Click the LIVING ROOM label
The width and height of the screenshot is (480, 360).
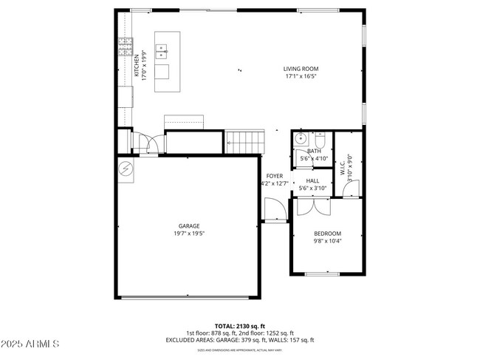pyautogui.click(x=301, y=69)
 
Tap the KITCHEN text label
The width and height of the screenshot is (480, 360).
pyautogui.click(x=136, y=64)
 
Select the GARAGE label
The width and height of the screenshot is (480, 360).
pyautogui.click(x=188, y=226)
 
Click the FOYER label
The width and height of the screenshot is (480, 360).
pyautogui.click(x=275, y=176)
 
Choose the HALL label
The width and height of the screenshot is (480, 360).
pyautogui.click(x=313, y=180)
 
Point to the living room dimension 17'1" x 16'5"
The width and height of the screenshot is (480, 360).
pyautogui.click(x=301, y=75)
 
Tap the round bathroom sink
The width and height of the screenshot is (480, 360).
pyautogui.click(x=301, y=138)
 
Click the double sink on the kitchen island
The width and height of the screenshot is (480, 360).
pyautogui.click(x=162, y=52)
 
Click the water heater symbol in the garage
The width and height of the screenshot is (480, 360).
pyautogui.click(x=125, y=169)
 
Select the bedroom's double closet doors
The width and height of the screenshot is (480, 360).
pyautogui.click(x=312, y=205)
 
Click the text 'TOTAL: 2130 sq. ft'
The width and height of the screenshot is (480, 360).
pyautogui.click(x=239, y=326)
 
